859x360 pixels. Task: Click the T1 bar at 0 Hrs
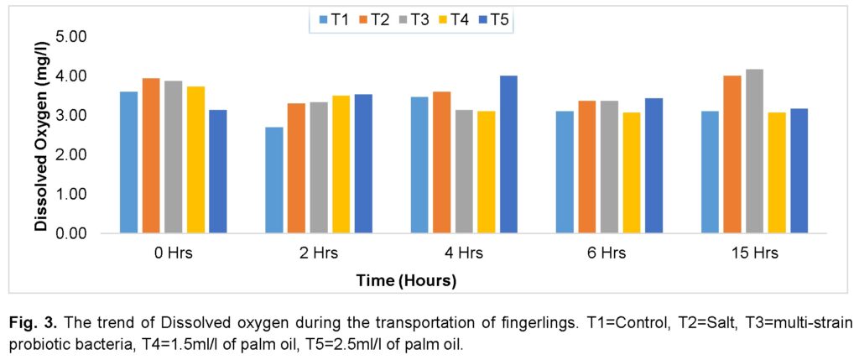128,162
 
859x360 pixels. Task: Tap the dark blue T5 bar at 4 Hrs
508,154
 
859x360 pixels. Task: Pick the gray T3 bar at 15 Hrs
754,151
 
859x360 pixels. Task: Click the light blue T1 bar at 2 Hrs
274,180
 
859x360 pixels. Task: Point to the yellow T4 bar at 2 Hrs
341,164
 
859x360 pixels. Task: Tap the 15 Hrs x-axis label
754,253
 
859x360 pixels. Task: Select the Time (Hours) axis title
406,281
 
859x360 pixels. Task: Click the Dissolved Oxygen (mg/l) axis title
40,134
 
